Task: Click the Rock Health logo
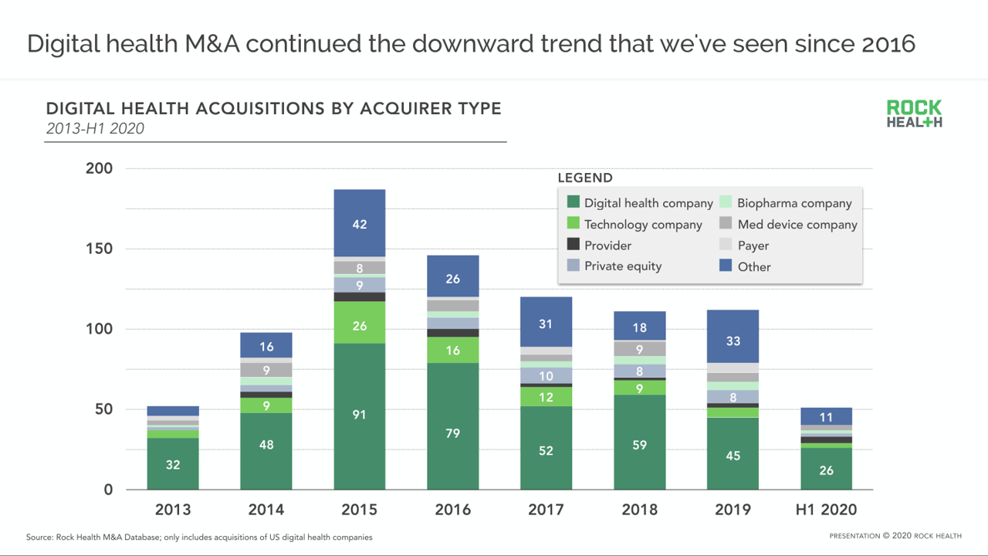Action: tap(915, 114)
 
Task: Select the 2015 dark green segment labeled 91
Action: tap(360, 415)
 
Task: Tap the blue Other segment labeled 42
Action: tap(360, 224)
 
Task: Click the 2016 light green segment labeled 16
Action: tap(453, 351)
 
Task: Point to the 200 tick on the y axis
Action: tap(99, 169)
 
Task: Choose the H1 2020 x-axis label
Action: tap(826, 510)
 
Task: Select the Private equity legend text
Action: tap(623, 266)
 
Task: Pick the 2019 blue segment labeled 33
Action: tap(733, 341)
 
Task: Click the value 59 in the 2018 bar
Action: tap(640, 445)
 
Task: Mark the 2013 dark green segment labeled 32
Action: tap(173, 465)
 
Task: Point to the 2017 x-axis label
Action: tap(546, 510)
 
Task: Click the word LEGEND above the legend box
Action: tap(585, 178)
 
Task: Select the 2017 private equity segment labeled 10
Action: tap(546, 376)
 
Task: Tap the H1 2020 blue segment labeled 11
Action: tap(826, 417)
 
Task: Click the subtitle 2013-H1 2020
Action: tap(95, 129)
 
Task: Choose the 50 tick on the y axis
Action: tap(103, 409)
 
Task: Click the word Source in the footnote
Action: tap(39, 537)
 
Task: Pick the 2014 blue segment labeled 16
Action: tap(266, 347)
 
